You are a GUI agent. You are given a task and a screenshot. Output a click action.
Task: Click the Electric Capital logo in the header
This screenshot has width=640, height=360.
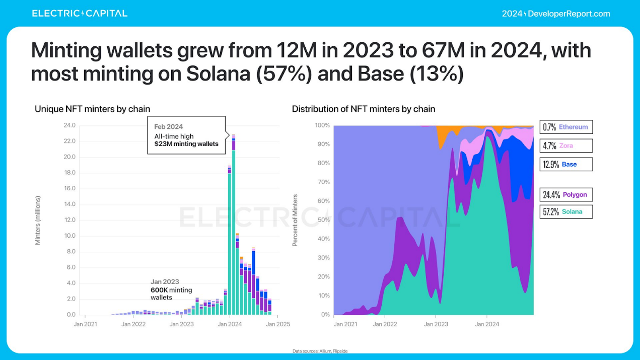click(x=80, y=13)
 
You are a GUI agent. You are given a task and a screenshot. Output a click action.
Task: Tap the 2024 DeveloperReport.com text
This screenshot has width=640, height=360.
click(x=556, y=14)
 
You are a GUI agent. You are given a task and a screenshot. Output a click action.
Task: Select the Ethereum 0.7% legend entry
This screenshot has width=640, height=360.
click(x=566, y=127)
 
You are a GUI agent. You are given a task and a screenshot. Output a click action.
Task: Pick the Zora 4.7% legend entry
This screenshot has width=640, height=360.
click(x=566, y=146)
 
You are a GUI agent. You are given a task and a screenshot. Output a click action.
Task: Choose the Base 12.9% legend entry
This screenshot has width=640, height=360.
click(x=566, y=164)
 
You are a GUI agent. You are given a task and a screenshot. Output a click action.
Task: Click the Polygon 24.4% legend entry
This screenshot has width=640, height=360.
click(x=566, y=195)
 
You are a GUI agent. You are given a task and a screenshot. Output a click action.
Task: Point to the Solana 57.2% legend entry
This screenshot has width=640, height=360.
click(x=566, y=211)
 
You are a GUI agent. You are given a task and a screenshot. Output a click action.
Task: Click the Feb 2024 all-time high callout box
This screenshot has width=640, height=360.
click(x=186, y=135)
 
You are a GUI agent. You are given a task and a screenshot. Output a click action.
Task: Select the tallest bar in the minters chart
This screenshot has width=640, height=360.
click(x=234, y=224)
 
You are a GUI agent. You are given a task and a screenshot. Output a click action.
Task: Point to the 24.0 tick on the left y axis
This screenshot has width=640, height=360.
click(x=69, y=125)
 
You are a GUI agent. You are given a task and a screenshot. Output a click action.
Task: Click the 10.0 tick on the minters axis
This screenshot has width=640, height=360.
click(x=69, y=236)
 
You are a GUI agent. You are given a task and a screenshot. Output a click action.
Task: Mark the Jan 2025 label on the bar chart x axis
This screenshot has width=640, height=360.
click(x=278, y=324)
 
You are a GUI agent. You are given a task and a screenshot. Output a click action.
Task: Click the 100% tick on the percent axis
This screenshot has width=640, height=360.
click(x=322, y=125)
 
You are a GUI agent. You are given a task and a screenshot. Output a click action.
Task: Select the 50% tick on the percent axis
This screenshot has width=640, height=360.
click(x=323, y=220)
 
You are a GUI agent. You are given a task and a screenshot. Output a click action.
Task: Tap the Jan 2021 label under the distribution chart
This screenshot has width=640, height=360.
click(x=345, y=324)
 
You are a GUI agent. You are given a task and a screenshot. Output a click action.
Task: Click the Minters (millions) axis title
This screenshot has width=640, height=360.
click(x=38, y=220)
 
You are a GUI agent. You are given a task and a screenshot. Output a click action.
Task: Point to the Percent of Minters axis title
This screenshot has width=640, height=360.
click(x=295, y=220)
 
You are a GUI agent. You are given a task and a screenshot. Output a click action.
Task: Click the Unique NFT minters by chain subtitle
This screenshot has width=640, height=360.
click(x=92, y=109)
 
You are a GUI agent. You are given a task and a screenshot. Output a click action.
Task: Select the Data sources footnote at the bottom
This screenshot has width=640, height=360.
click(x=320, y=351)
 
